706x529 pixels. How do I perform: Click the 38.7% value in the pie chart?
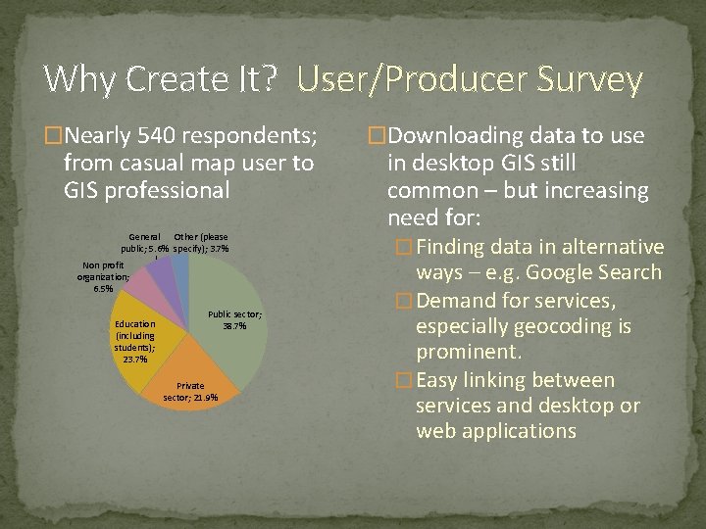[x=234, y=326]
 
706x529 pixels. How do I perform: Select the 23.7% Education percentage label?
[x=134, y=360]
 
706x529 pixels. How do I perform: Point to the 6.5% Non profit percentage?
[x=102, y=289]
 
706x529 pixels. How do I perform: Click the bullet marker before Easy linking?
[x=400, y=380]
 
